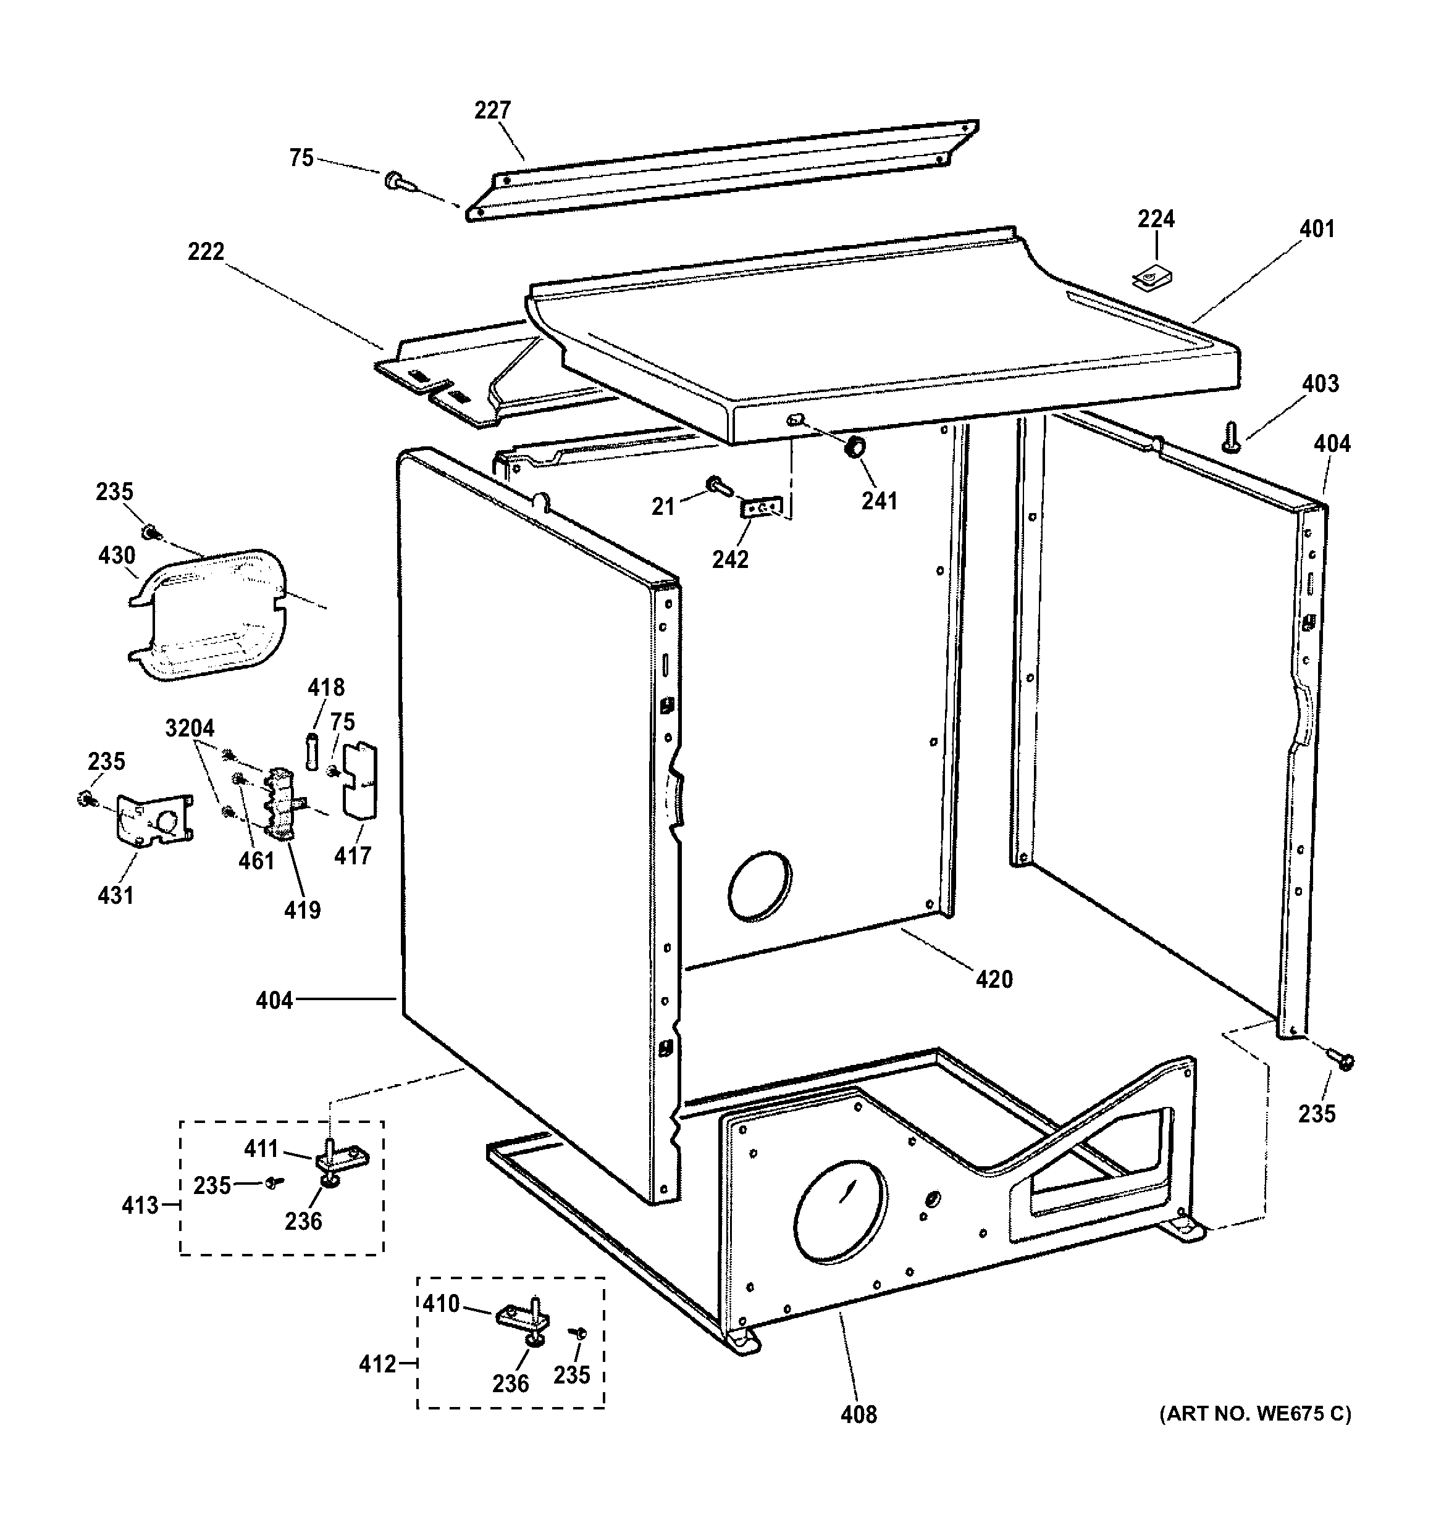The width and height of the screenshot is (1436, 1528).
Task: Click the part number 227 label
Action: coord(492,111)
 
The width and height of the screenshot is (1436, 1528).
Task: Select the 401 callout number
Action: coord(1317,229)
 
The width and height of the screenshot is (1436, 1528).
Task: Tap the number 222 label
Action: coord(206,252)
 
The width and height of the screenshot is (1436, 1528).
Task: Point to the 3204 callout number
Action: coord(190,728)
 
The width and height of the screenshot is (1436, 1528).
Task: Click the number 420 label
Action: coord(994,979)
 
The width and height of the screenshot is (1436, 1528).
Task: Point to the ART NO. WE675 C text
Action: coord(1254,1413)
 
